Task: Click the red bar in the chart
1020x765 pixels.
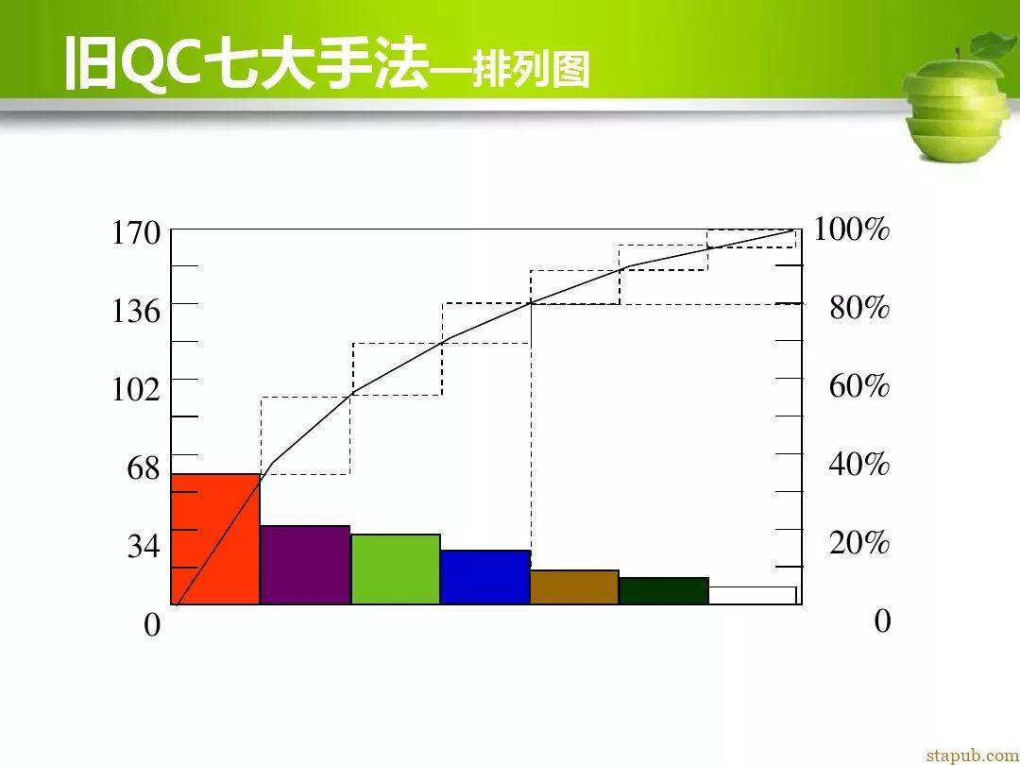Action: click(215, 539)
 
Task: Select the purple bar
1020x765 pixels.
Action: click(305, 565)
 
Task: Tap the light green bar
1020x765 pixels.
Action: click(396, 569)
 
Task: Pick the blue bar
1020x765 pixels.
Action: click(485, 577)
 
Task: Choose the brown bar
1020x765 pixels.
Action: click(574, 587)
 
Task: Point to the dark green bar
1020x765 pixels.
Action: click(664, 590)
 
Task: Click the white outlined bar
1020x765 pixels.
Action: click(752, 595)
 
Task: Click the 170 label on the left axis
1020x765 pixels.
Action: click(136, 232)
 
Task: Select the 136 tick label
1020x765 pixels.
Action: click(136, 311)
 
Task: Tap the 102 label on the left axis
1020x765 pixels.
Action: click(136, 389)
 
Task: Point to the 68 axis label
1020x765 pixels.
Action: click(144, 467)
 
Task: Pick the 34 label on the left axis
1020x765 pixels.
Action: click(144, 545)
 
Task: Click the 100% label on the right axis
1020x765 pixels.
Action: click(852, 229)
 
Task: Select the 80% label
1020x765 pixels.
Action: click(859, 307)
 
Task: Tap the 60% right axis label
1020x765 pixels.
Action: click(859, 385)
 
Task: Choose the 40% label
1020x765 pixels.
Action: click(859, 464)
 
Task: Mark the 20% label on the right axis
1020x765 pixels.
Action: click(859, 542)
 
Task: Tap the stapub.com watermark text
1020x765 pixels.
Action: click(973, 756)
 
